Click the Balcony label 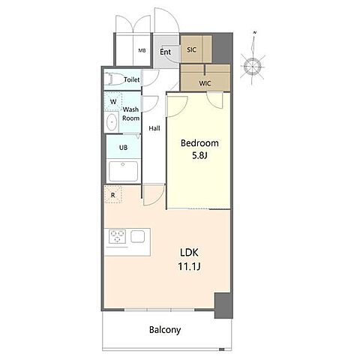pyautogui.click(x=165, y=330)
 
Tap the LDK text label pyautogui.click(x=189, y=253)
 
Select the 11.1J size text pyautogui.click(x=189, y=267)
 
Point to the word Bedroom pyautogui.click(x=199, y=143)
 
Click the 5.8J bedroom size pyautogui.click(x=200, y=156)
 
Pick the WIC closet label pyautogui.click(x=205, y=83)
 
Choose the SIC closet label pyautogui.click(x=191, y=49)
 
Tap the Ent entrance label pyautogui.click(x=165, y=52)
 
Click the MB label pyautogui.click(x=142, y=50)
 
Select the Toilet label pyautogui.click(x=132, y=79)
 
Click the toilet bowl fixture pyautogui.click(x=115, y=79)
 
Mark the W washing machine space pyautogui.click(x=113, y=101)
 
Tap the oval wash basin pyautogui.click(x=112, y=122)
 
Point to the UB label pyautogui.click(x=123, y=148)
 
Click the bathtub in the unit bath pyautogui.click(x=123, y=171)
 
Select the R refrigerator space pyautogui.click(x=113, y=194)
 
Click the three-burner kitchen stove pyautogui.click(x=117, y=236)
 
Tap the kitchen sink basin pyautogui.click(x=137, y=236)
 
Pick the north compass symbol pyautogui.click(x=253, y=65)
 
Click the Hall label pyautogui.click(x=154, y=128)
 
